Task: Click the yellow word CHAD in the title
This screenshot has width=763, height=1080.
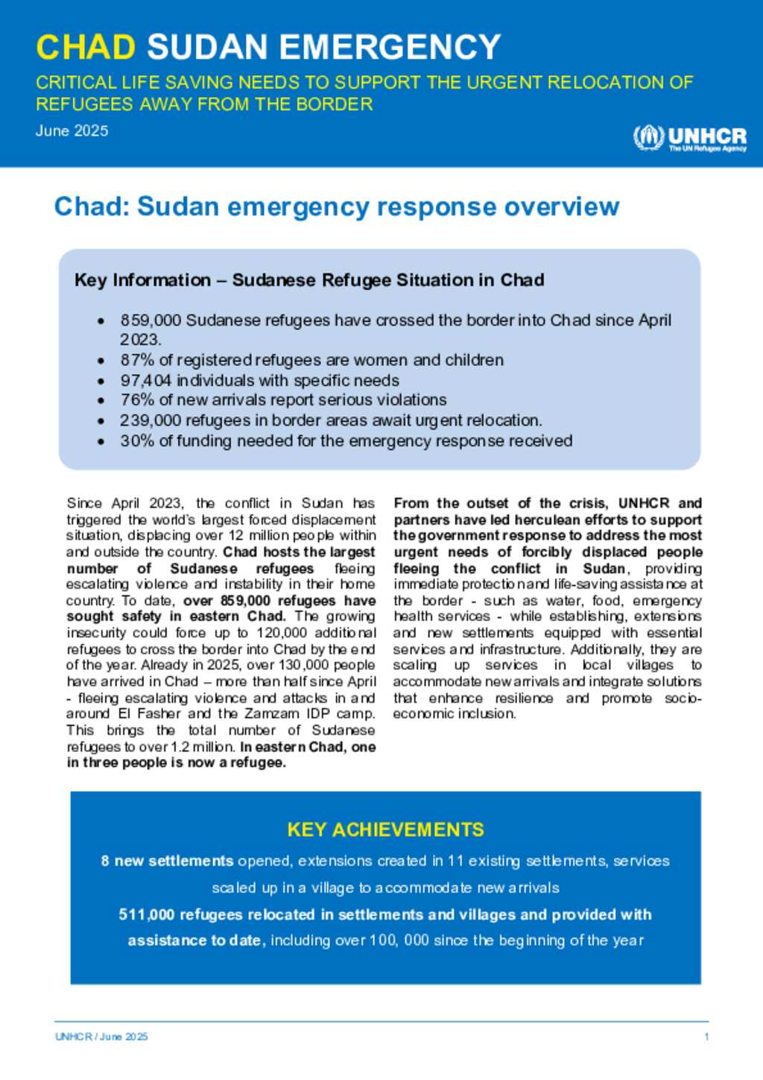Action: click(x=86, y=47)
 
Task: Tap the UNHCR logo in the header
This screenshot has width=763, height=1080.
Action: click(x=689, y=138)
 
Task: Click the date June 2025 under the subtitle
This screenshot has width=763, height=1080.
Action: click(x=72, y=130)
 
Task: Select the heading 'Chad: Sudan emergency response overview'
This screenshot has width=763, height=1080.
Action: click(x=337, y=206)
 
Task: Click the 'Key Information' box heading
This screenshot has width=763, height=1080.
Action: click(x=309, y=280)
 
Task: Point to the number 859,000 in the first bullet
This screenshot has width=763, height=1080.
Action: click(x=151, y=320)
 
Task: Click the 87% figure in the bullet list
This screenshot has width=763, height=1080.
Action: click(x=137, y=360)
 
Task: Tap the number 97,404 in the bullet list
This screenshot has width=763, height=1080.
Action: click(x=146, y=380)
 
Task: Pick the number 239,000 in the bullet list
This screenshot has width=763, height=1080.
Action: click(x=151, y=420)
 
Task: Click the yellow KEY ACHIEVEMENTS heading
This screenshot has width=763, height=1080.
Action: click(x=385, y=830)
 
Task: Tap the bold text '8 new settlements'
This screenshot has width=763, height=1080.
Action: click(x=167, y=861)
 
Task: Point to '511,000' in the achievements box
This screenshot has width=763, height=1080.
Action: click(x=146, y=915)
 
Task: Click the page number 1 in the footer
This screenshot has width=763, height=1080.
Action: click(x=706, y=1037)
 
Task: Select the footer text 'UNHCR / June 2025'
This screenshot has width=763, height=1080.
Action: click(x=101, y=1037)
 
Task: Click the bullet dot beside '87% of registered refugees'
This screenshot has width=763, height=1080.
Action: click(x=101, y=361)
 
